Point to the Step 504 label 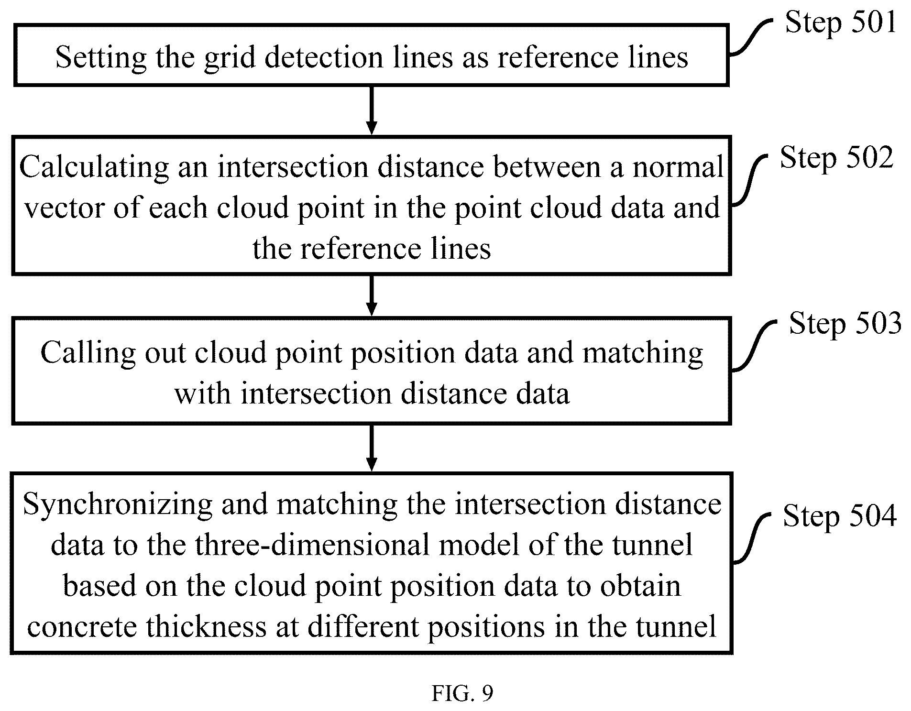pyautogui.click(x=839, y=516)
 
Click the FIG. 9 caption pyautogui.click(x=462, y=693)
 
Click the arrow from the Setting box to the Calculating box pyautogui.click(x=371, y=110)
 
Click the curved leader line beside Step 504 pyautogui.click(x=752, y=538)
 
